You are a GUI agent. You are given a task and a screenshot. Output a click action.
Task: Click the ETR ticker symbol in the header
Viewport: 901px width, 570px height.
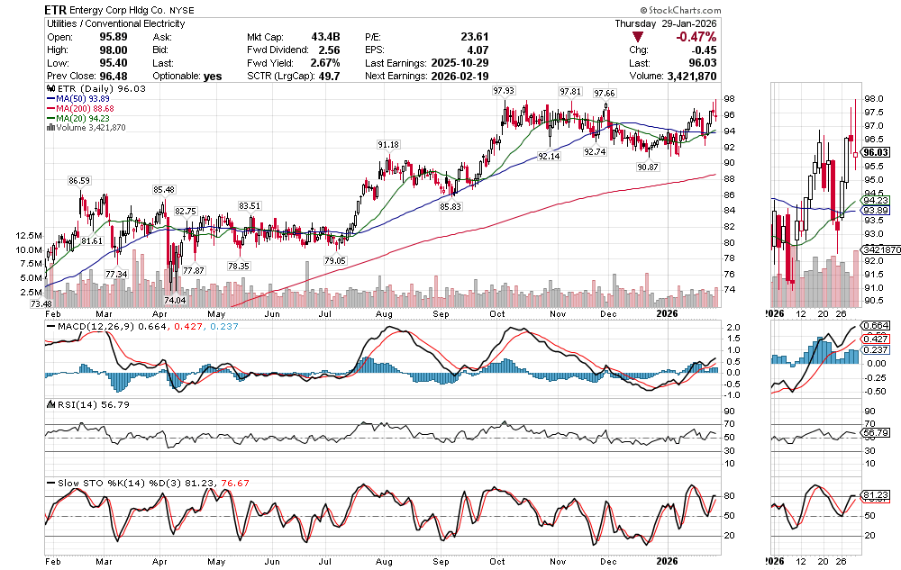(58, 9)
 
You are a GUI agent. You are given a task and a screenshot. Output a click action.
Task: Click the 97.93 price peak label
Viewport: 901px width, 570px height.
(503, 91)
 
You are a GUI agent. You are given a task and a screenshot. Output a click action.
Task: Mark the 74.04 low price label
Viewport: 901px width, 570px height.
(174, 300)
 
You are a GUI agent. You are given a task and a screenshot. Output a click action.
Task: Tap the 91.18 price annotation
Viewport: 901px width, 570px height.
(387, 145)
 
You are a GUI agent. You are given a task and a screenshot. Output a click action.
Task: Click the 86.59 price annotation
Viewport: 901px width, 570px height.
(81, 181)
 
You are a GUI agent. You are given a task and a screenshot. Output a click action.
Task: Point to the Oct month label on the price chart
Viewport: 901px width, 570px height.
(497, 313)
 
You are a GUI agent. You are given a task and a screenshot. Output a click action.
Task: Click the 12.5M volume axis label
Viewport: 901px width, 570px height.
(28, 235)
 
